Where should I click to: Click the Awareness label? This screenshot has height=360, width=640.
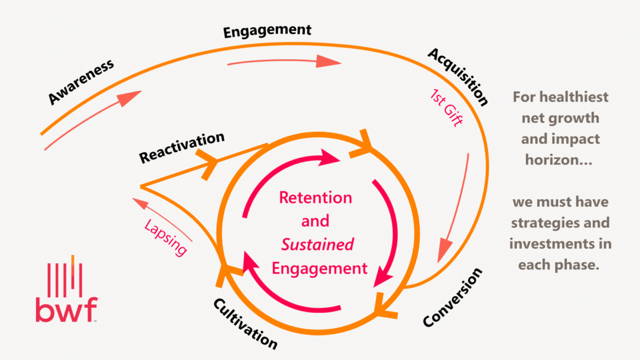[81, 81]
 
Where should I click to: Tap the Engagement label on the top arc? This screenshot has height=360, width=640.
[267, 31]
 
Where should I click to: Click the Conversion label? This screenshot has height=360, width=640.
[453, 298]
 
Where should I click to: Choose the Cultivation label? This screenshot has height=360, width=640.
[244, 323]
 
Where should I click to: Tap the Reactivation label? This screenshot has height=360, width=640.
[182, 147]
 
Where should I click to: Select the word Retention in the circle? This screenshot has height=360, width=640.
[315, 198]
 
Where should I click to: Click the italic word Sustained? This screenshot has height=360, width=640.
[318, 244]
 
